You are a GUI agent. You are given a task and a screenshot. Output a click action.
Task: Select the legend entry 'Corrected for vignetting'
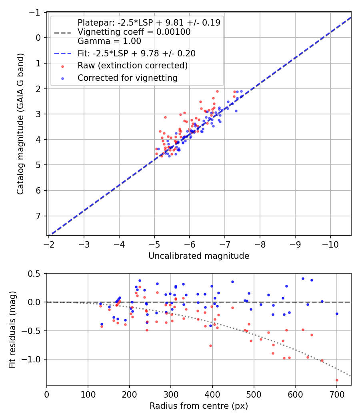(128, 78)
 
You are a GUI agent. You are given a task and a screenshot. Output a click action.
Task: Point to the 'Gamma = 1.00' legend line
(109, 41)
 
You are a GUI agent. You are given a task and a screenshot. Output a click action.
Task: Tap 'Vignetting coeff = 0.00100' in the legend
(134, 32)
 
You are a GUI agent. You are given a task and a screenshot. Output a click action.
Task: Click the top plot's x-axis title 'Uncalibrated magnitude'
(199, 256)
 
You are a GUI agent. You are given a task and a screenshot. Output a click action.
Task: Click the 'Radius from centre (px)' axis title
(199, 406)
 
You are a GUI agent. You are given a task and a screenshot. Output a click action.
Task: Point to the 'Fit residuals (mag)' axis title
(12, 330)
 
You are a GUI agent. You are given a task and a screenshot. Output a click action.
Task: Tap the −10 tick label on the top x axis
(330, 244)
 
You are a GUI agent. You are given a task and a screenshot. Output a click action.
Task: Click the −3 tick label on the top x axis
(84, 244)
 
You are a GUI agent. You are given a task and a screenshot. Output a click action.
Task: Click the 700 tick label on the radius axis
(337, 394)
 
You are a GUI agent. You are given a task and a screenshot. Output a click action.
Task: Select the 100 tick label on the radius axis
(88, 394)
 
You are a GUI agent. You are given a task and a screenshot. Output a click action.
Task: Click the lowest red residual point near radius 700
(337, 380)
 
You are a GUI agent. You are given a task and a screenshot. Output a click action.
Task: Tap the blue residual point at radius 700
(337, 314)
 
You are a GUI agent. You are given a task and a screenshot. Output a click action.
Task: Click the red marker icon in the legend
(63, 66)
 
